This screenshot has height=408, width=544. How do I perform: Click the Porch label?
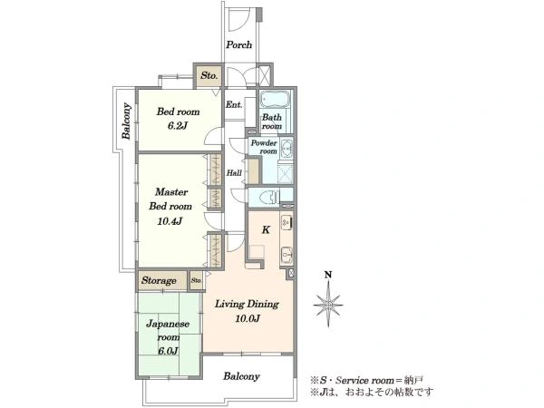(x=239, y=44)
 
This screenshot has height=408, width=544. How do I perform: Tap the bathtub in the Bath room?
(x=275, y=100)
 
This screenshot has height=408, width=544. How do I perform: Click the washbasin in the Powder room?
(x=287, y=149)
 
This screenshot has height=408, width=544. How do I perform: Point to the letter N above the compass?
(x=328, y=275)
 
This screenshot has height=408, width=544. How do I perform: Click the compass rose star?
(x=328, y=305)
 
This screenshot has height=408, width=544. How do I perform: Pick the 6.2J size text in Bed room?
(x=178, y=126)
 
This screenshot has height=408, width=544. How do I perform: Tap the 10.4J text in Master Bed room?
(x=170, y=221)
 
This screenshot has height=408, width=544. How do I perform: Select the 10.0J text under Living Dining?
(x=248, y=318)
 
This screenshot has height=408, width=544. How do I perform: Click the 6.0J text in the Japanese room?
(x=168, y=351)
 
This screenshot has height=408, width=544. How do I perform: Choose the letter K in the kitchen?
(x=266, y=229)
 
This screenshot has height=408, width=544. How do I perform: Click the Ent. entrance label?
(x=234, y=104)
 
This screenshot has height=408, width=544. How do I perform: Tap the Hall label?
(x=234, y=173)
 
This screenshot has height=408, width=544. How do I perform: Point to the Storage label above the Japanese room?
(x=159, y=280)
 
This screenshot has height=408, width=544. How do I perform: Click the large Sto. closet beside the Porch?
(x=209, y=75)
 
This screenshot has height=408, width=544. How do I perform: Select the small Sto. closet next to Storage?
(x=197, y=280)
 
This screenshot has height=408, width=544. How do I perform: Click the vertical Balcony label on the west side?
(x=127, y=121)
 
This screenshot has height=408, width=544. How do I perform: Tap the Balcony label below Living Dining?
(x=241, y=376)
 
